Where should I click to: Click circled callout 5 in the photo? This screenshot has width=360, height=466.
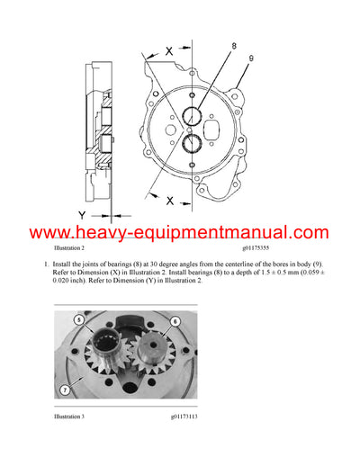pos(78,320)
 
